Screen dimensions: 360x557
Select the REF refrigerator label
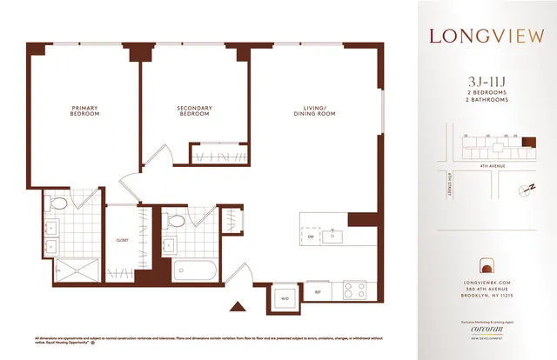pyautogui.click(x=318, y=294)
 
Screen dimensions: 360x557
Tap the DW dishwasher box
pyautogui.click(x=311, y=235)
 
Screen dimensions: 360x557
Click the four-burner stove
pyautogui.click(x=354, y=290)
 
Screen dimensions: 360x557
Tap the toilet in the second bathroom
pyautogui.click(x=173, y=222)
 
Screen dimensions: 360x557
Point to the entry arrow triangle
pyautogui.click(x=236, y=306)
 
